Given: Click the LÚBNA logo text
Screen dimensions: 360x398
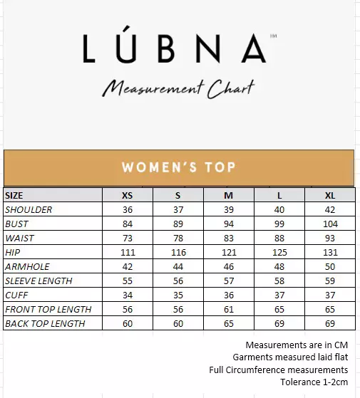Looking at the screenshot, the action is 175,48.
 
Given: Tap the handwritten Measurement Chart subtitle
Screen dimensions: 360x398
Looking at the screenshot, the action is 178,88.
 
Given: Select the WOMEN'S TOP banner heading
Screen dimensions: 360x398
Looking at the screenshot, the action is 179,168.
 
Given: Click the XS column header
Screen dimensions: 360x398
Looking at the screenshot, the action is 128,195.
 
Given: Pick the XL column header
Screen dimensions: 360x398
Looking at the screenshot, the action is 329,195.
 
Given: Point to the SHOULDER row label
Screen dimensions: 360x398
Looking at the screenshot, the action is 29,209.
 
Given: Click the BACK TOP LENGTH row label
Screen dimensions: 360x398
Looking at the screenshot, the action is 45,323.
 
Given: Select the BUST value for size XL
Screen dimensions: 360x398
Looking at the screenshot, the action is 329,224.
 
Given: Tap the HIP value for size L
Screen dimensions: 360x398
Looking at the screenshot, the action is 279,252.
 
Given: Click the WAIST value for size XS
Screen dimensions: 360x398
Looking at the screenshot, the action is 128,238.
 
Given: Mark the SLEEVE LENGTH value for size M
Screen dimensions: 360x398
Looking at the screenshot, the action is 229,281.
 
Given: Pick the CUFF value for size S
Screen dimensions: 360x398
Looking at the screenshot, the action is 178,295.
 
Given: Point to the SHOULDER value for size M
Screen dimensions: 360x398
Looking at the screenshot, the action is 229,209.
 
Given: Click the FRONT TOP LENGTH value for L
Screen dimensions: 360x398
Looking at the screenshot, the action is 279,309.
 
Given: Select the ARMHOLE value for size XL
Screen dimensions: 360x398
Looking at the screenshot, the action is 329,266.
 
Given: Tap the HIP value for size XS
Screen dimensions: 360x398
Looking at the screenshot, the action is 128,252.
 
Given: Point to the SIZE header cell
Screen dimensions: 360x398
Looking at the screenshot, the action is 14,195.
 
